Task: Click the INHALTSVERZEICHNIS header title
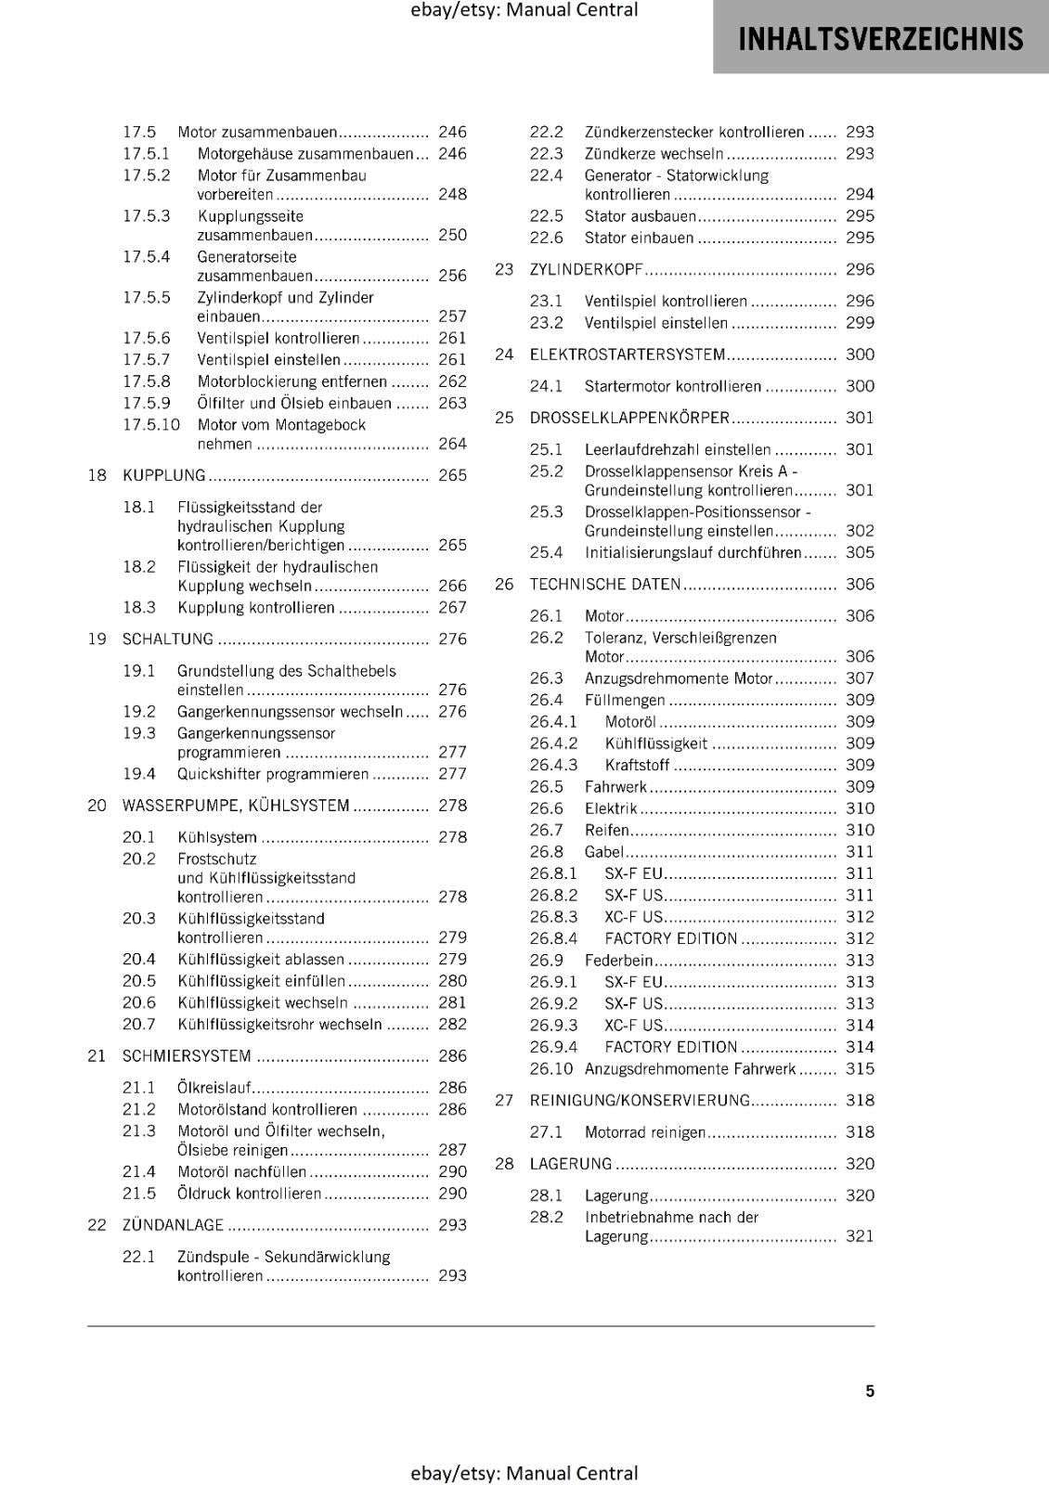(880, 39)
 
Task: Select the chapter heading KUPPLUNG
(163, 475)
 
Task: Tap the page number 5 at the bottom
(870, 1390)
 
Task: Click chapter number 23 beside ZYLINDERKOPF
(504, 269)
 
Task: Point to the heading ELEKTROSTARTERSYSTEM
(627, 355)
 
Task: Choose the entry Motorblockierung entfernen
(291, 381)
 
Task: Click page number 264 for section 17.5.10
(452, 444)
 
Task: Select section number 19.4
(139, 773)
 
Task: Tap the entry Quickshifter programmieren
(273, 773)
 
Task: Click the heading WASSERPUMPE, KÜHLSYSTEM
(236, 806)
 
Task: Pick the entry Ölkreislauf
(214, 1087)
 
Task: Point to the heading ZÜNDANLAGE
(173, 1225)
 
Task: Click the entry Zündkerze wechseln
(654, 153)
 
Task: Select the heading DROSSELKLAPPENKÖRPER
(629, 418)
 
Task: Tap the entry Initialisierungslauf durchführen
(693, 552)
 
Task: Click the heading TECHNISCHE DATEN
(604, 584)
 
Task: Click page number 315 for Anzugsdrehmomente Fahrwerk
(860, 1068)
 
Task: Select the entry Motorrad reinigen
(644, 1131)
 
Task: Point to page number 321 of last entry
(860, 1236)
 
